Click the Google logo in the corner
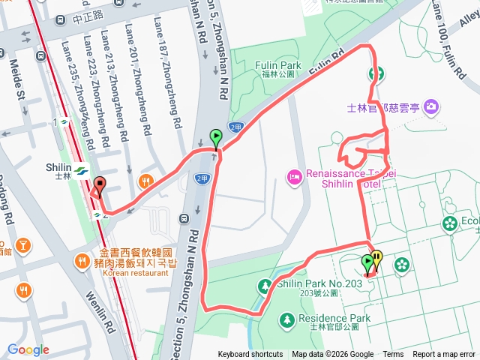(28, 349)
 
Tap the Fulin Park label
(278, 66)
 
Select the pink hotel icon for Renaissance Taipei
(294, 177)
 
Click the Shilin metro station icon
(81, 169)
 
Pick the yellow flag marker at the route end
(376, 259)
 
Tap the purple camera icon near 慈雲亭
(431, 107)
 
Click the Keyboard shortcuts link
(250, 355)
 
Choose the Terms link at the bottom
(393, 355)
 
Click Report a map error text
(444, 355)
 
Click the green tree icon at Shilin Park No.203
(264, 286)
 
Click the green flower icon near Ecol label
(449, 223)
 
